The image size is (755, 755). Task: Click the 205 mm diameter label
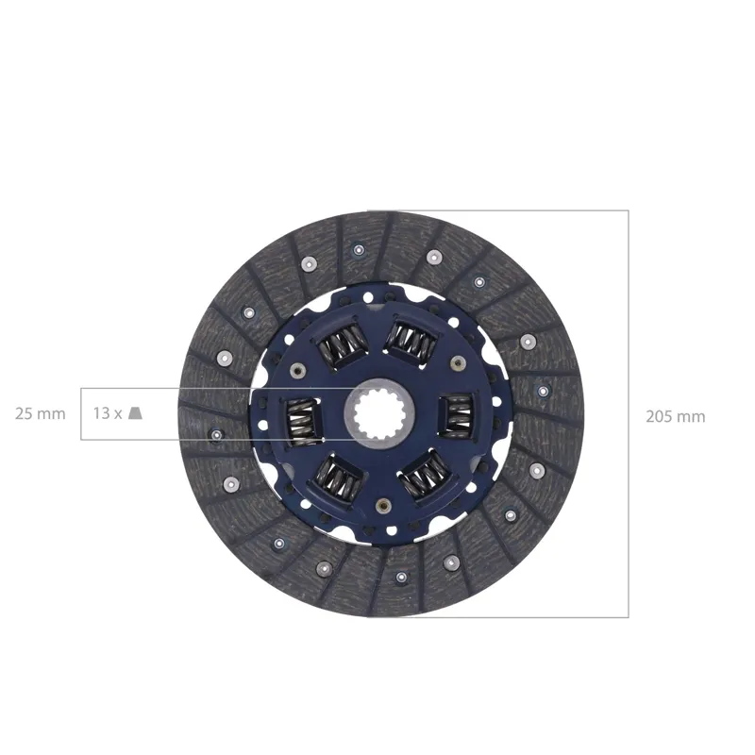tap(675, 416)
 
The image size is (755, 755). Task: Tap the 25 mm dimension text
tap(41, 413)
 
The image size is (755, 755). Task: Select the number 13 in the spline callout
tap(102, 413)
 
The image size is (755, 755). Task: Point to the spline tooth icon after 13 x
tap(136, 413)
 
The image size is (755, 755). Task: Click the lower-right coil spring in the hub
tap(423, 475)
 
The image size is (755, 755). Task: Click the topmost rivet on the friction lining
tap(358, 250)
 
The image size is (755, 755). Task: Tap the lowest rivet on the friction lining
tap(400, 576)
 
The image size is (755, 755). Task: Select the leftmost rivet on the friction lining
tap(216, 435)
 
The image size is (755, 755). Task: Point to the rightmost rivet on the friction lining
tap(543, 390)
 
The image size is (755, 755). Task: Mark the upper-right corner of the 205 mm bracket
tap(628, 210)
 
